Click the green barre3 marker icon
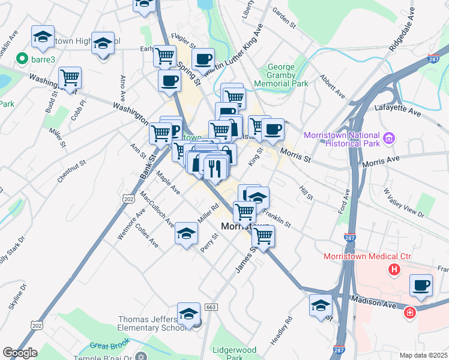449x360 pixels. click(x=22, y=59)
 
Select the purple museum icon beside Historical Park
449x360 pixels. click(x=388, y=139)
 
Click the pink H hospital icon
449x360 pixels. click(x=394, y=270)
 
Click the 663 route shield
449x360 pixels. click(x=210, y=307)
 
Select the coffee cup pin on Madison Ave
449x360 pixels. click(x=421, y=286)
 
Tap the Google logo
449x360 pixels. click(x=20, y=352)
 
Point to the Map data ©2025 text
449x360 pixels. click(x=423, y=355)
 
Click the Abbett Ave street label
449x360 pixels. click(x=332, y=90)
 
